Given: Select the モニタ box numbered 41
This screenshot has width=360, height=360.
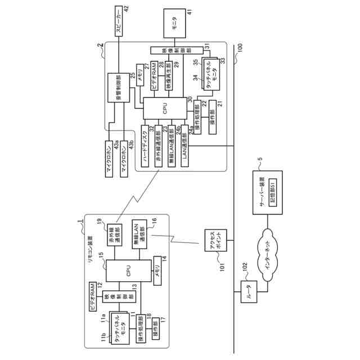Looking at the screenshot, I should (175, 26).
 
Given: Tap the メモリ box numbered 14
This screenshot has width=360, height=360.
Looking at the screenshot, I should (158, 271).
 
